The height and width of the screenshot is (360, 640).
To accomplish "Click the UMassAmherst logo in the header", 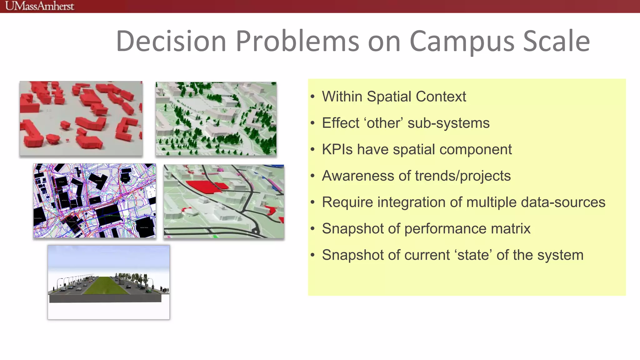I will pyautogui.click(x=40, y=6).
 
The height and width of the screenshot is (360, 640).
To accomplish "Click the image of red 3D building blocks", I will pyautogui.click(x=81, y=118).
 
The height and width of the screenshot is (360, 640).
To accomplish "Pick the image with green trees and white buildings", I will pyautogui.click(x=216, y=118).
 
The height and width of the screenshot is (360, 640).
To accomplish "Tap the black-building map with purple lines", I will pyautogui.click(x=94, y=200).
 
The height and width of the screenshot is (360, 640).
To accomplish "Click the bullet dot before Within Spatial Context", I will pyautogui.click(x=312, y=97).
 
